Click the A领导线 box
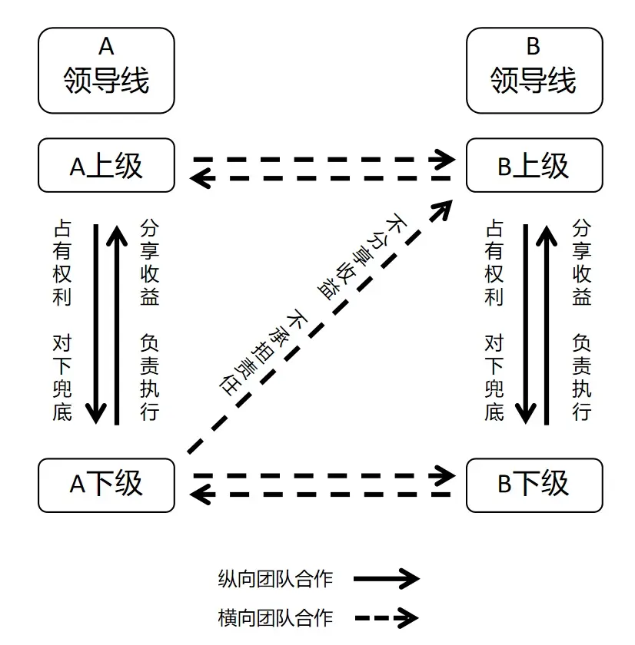click(x=106, y=71)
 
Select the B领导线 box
click(x=534, y=71)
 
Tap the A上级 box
click(x=106, y=165)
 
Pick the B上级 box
click(x=534, y=165)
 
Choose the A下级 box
click(x=106, y=485)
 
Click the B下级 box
click(x=534, y=485)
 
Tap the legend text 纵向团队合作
click(x=275, y=579)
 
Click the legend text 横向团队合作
click(x=275, y=618)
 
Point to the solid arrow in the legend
click(x=386, y=579)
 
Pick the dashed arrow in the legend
click(x=386, y=617)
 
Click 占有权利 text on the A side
click(x=62, y=263)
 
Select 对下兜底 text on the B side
click(x=494, y=378)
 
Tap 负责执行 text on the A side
click(x=149, y=378)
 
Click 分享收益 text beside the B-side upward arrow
click(x=581, y=263)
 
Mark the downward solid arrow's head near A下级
click(x=96, y=414)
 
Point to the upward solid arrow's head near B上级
click(x=547, y=235)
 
